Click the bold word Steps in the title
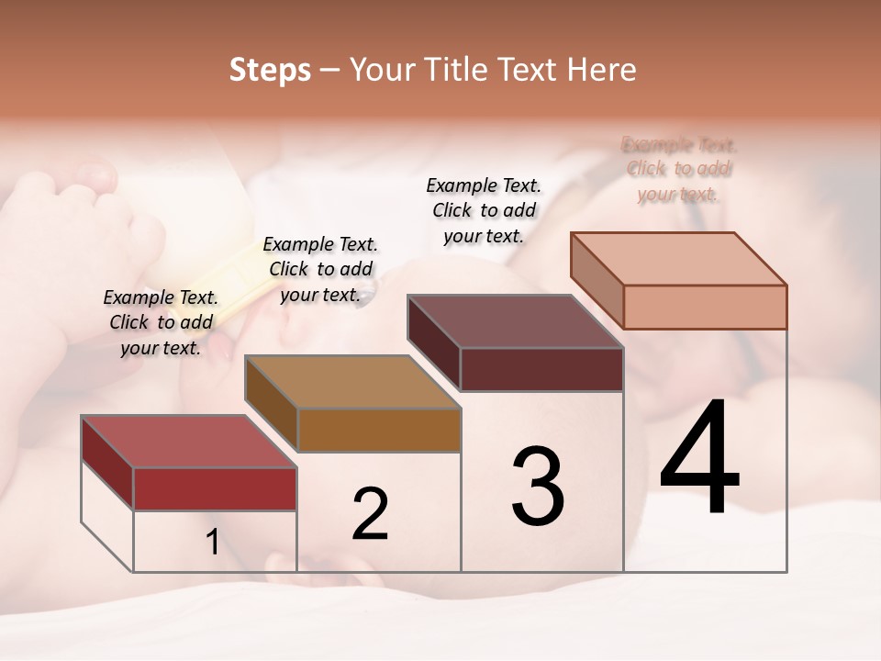(x=270, y=70)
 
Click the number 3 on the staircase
(x=538, y=487)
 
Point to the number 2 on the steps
(x=370, y=514)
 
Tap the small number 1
(x=213, y=543)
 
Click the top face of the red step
(x=188, y=442)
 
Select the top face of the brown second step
(x=352, y=382)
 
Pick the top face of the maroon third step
(x=515, y=321)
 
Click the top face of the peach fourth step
(x=678, y=259)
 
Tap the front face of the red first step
(x=215, y=488)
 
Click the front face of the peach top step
(x=705, y=307)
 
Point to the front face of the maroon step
(x=541, y=369)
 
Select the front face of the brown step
(x=379, y=430)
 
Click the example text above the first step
(x=161, y=322)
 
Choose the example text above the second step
(x=320, y=269)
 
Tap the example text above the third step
(x=484, y=210)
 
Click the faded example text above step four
(x=678, y=169)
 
